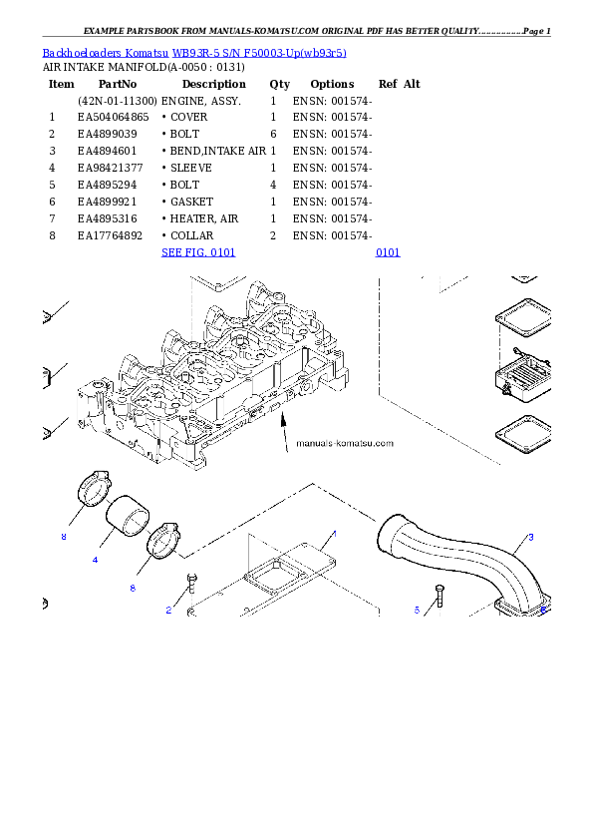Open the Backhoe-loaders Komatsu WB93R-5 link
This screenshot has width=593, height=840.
194,53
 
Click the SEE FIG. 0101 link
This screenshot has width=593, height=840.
198,253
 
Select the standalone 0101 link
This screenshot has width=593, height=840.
388,253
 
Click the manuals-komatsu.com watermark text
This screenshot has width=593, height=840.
345,443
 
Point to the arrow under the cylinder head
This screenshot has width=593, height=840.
284,429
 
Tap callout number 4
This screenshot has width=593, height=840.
95,560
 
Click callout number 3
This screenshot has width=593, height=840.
530,537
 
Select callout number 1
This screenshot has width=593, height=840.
334,534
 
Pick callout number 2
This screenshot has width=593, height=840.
168,611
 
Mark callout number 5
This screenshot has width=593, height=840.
417,609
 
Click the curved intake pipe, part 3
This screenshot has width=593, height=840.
468,564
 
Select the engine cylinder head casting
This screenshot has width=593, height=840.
214,379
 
